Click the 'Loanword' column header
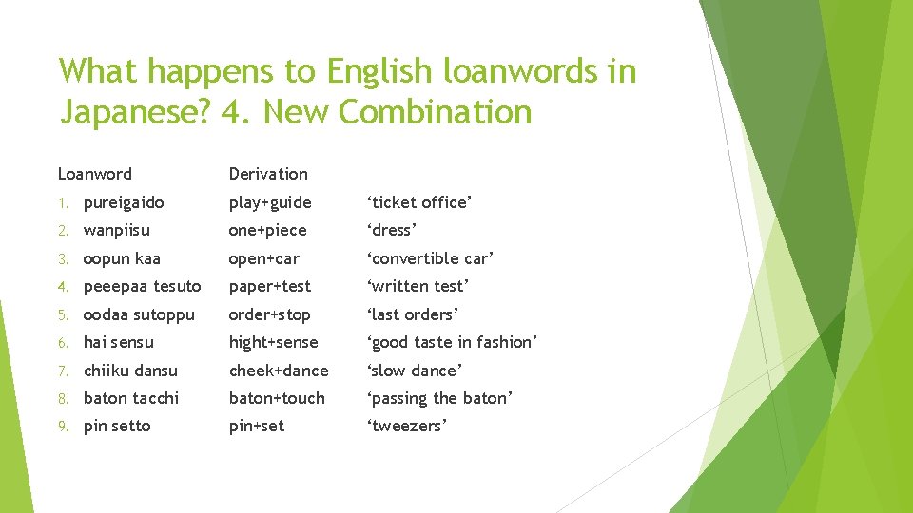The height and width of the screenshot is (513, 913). click(x=95, y=174)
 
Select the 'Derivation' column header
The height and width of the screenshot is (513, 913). click(x=268, y=174)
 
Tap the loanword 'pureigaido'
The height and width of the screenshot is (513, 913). click(x=124, y=202)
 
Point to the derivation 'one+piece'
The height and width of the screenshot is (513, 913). click(x=267, y=230)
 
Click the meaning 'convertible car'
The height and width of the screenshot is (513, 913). click(x=431, y=258)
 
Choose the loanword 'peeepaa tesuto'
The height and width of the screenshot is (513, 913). click(x=143, y=286)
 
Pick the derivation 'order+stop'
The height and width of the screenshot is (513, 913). click(x=269, y=314)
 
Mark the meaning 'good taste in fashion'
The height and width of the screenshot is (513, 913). click(x=453, y=342)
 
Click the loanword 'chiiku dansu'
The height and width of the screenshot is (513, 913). click(x=130, y=370)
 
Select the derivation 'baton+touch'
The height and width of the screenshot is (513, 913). click(x=277, y=398)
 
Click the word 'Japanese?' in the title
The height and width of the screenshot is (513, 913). click(x=134, y=113)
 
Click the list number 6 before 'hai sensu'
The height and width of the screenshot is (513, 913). click(x=63, y=343)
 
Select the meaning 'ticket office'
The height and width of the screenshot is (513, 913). click(x=419, y=202)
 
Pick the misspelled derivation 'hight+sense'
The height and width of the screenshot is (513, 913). click(x=273, y=342)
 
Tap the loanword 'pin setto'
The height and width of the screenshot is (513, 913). click(x=117, y=426)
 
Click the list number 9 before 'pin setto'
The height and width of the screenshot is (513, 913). click(x=63, y=427)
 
